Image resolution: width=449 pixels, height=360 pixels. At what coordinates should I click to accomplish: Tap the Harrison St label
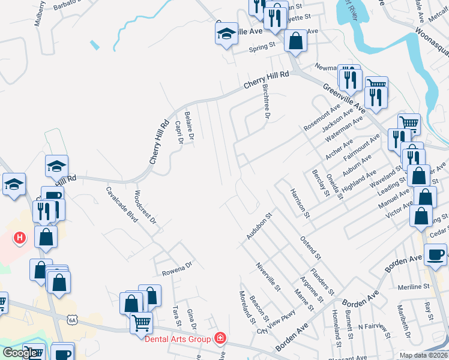[x=299, y=202]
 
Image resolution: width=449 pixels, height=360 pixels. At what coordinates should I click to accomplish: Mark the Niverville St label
[x=268, y=277]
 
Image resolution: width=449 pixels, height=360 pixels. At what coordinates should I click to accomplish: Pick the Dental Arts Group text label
[x=178, y=339]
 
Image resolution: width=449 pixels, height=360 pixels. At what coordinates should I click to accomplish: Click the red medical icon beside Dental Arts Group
[x=220, y=339]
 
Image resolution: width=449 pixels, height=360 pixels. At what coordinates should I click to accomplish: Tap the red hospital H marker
[x=20, y=238]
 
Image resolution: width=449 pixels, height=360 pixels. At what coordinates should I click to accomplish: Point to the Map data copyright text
[x=423, y=355]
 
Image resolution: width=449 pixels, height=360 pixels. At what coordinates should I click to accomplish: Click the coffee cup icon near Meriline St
[x=436, y=255]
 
